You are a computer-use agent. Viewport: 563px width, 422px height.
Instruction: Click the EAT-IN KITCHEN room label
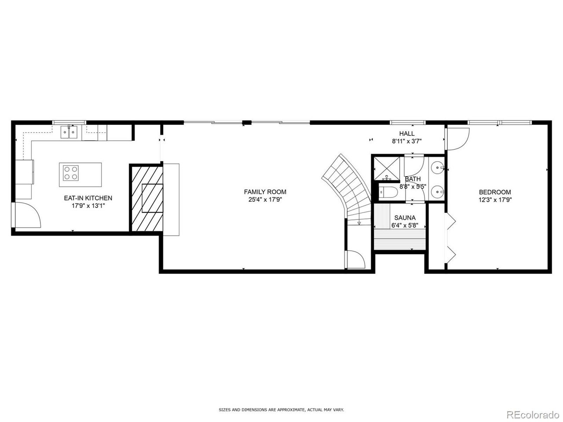pyautogui.click(x=88, y=198)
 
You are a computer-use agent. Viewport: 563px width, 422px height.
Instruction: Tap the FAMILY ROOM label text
pyautogui.click(x=265, y=192)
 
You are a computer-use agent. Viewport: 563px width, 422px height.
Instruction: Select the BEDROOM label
pyautogui.click(x=495, y=192)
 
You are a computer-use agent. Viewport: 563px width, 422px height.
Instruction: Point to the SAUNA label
pyautogui.click(x=405, y=218)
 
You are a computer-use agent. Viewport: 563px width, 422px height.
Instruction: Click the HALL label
pyautogui.click(x=407, y=134)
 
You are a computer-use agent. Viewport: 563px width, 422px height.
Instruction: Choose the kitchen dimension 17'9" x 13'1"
pyautogui.click(x=88, y=206)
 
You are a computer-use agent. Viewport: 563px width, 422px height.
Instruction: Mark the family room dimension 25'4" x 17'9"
pyautogui.click(x=265, y=200)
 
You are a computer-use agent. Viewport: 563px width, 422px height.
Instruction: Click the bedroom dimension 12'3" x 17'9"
pyautogui.click(x=495, y=200)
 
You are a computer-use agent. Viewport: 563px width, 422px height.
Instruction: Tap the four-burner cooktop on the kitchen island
pyautogui.click(x=71, y=173)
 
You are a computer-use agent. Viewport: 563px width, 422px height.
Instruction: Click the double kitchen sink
pyautogui.click(x=69, y=132)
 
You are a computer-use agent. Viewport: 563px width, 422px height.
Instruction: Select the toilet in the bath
pyautogui.click(x=388, y=192)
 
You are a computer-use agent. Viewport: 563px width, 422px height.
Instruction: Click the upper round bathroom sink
pyautogui.click(x=437, y=168)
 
